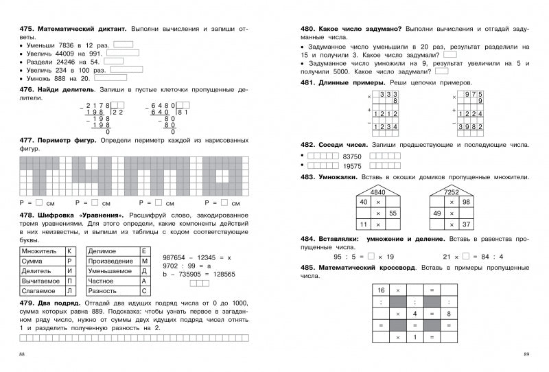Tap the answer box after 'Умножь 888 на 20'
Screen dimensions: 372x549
coord(106,79)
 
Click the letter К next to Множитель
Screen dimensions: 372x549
coord(69,252)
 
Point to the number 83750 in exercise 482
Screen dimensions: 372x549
coord(352,156)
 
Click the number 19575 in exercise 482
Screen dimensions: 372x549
coord(352,166)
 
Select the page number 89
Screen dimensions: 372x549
coord(526,353)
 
